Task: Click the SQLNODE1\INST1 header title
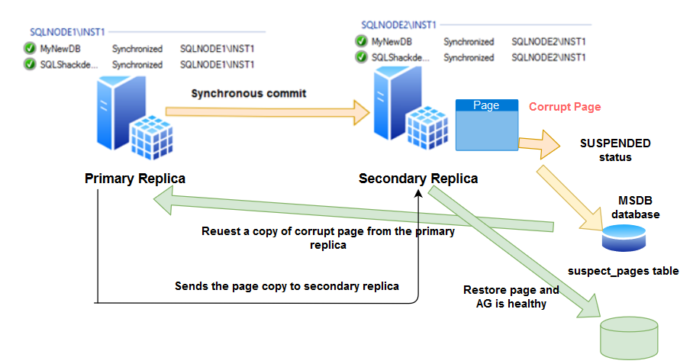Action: pyautogui.click(x=67, y=33)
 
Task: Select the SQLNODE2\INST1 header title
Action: pyautogui.click(x=398, y=26)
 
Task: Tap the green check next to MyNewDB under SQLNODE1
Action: pyautogui.click(x=30, y=50)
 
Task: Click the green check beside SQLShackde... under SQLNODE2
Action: pyautogui.click(x=361, y=57)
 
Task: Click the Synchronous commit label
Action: pyautogui.click(x=248, y=93)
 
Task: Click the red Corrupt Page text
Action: pyautogui.click(x=565, y=107)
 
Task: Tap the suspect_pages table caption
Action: pyautogui.click(x=623, y=271)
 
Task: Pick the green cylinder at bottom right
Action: pyautogui.click(x=629, y=339)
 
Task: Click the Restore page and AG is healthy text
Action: pyautogui.click(x=511, y=297)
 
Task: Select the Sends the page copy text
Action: pyautogui.click(x=287, y=286)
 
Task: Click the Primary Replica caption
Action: pyautogui.click(x=135, y=179)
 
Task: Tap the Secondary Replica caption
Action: pyautogui.click(x=418, y=179)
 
